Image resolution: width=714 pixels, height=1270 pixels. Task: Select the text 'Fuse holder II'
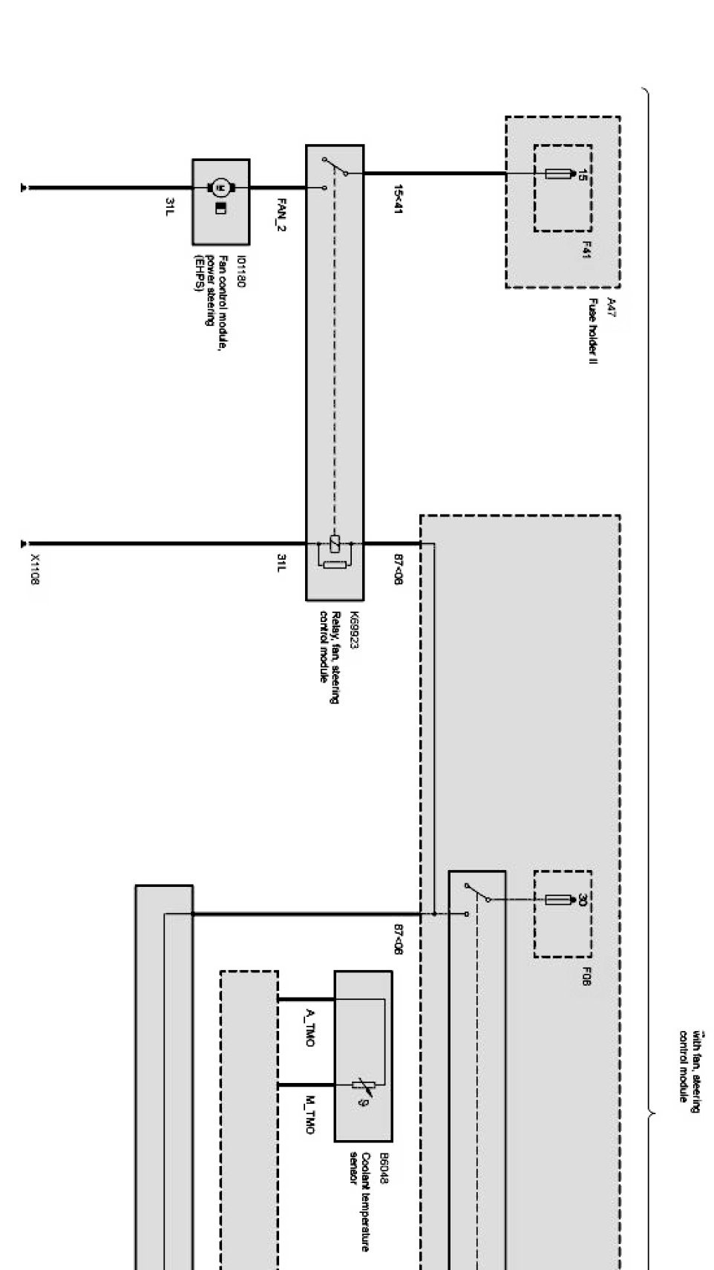[x=595, y=331]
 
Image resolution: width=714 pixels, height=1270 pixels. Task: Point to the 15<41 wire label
[x=398, y=199]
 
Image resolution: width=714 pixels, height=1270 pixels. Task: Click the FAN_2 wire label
[x=281, y=214]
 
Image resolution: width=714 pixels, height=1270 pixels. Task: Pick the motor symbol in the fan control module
[x=220, y=186]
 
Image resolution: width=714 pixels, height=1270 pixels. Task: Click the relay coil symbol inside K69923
[x=335, y=543]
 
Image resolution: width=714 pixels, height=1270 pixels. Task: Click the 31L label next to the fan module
[x=170, y=206]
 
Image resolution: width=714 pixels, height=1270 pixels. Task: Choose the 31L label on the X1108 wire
[x=281, y=563]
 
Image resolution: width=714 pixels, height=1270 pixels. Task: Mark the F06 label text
[x=586, y=977]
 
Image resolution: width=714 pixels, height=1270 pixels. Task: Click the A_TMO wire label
[x=309, y=1027]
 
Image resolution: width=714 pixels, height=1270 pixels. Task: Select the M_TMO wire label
[x=309, y=1114]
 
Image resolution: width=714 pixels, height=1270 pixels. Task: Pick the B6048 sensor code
[x=384, y=1168]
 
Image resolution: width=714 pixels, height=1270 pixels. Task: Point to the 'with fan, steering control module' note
[x=690, y=1067]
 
